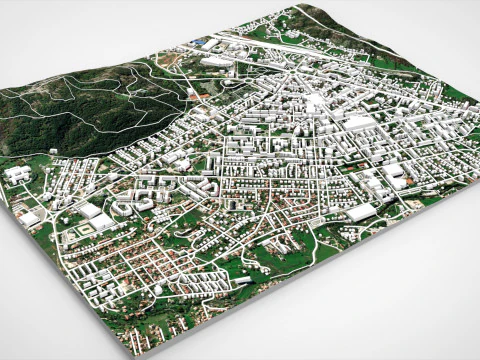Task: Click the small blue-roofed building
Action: pos(204,41)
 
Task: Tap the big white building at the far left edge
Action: pos(17,174)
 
